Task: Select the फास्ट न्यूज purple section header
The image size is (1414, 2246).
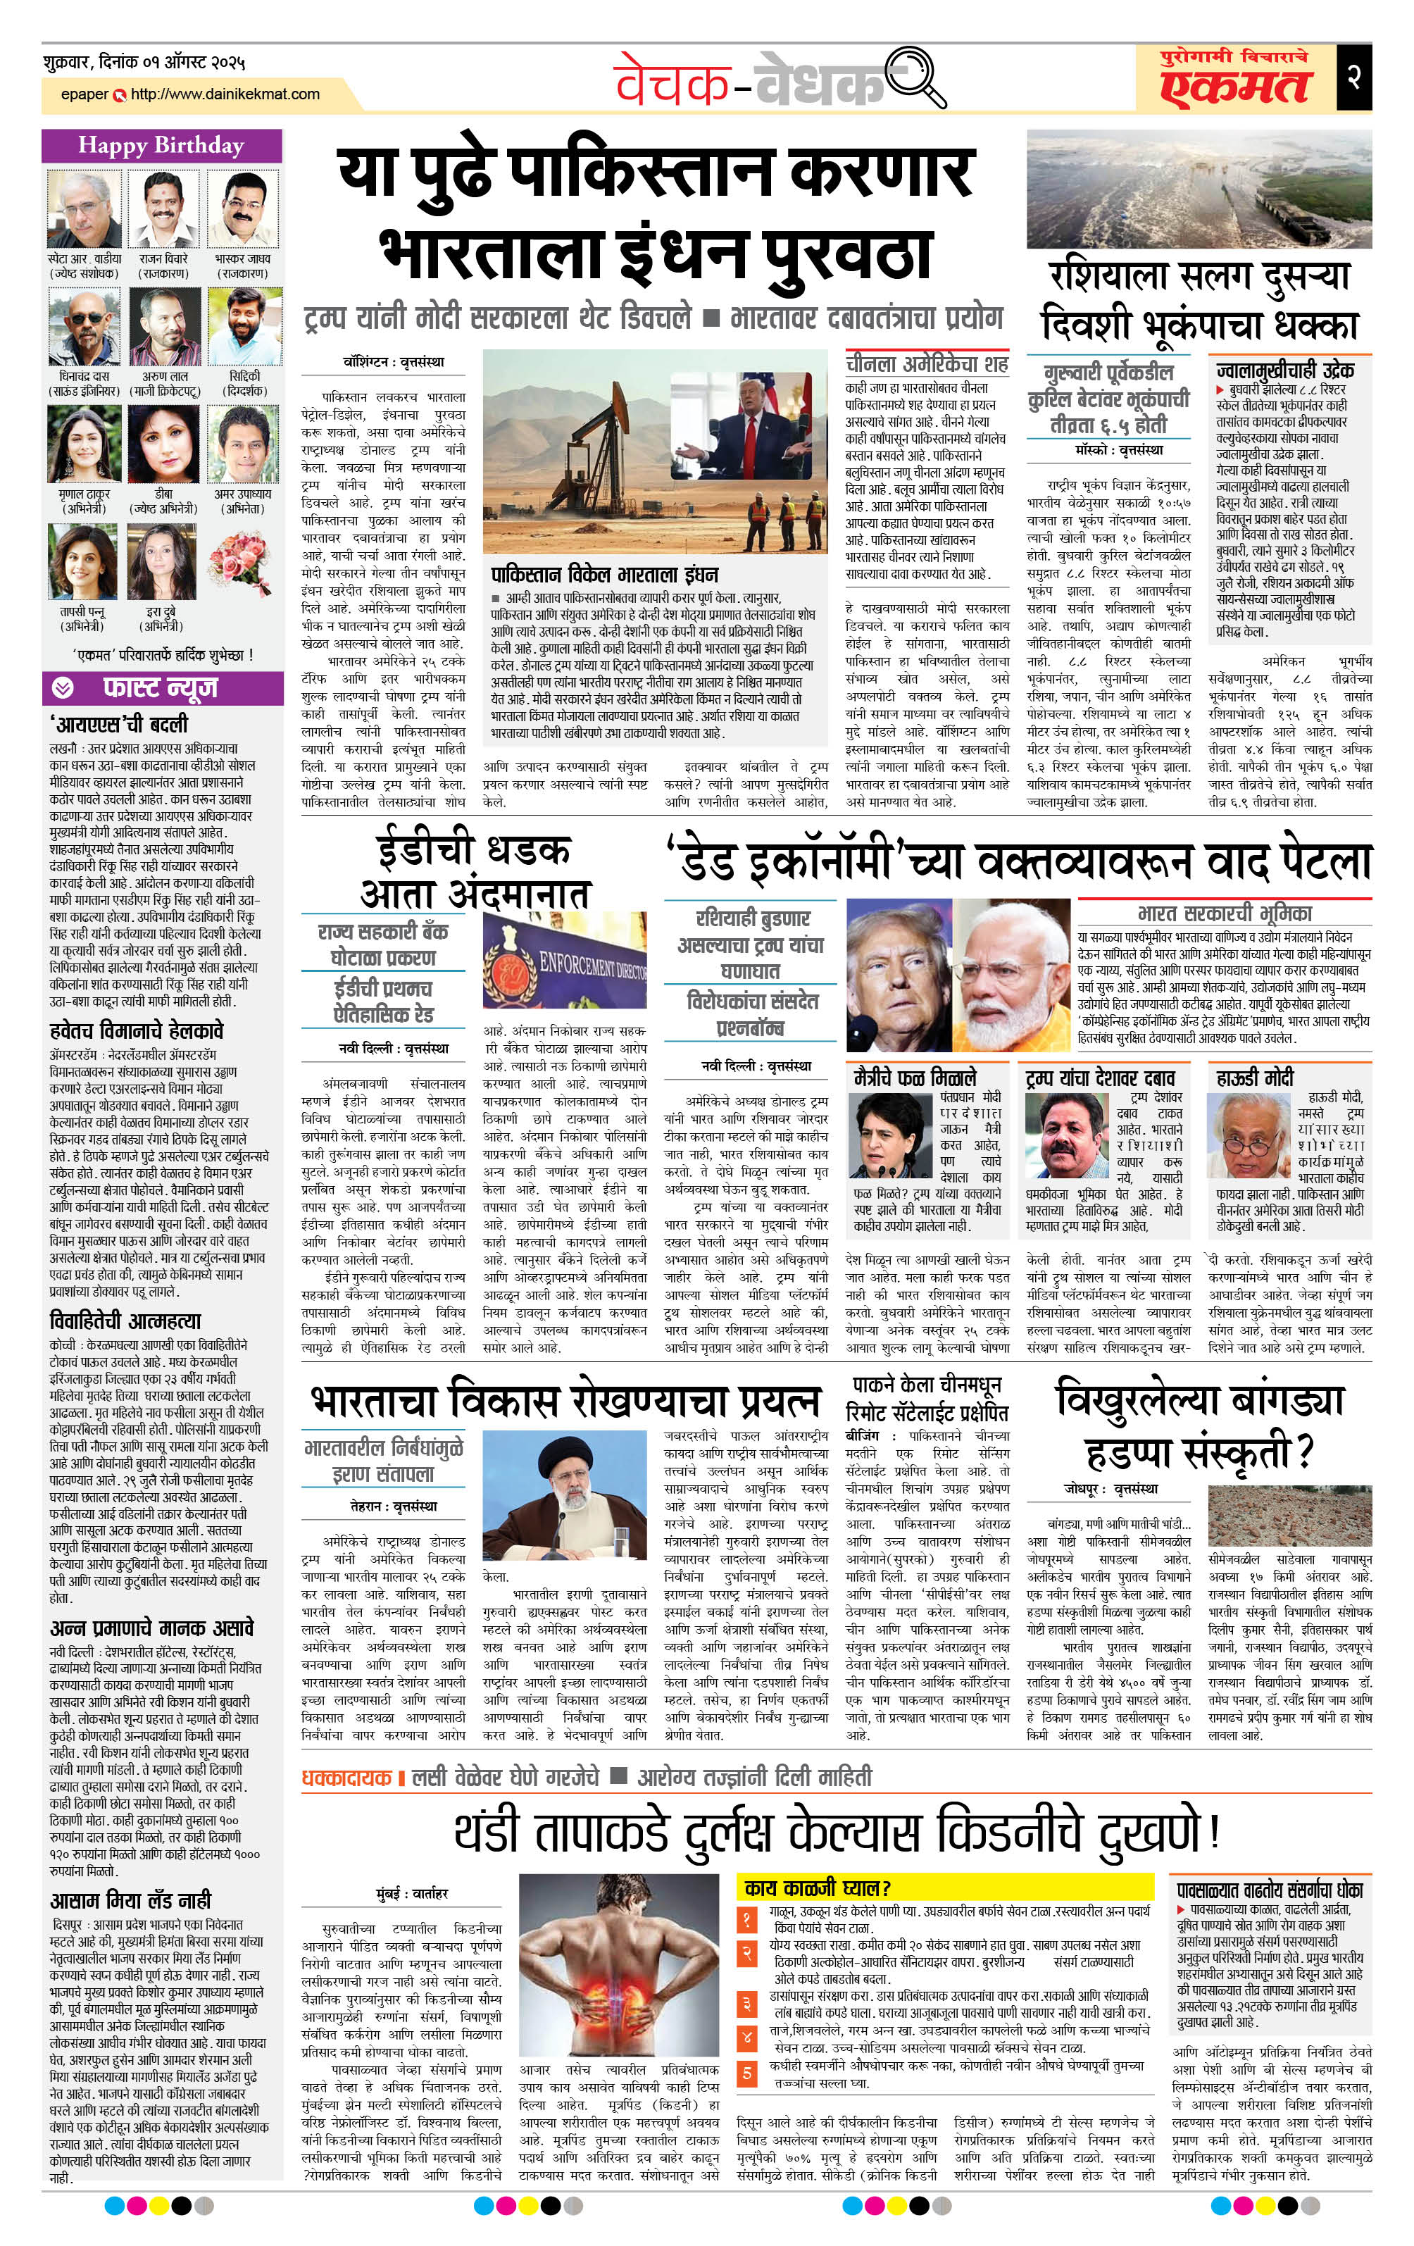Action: (x=161, y=687)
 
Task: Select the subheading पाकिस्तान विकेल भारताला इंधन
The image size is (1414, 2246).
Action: (x=604, y=573)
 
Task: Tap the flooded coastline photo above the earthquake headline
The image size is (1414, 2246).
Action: (x=1199, y=189)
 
